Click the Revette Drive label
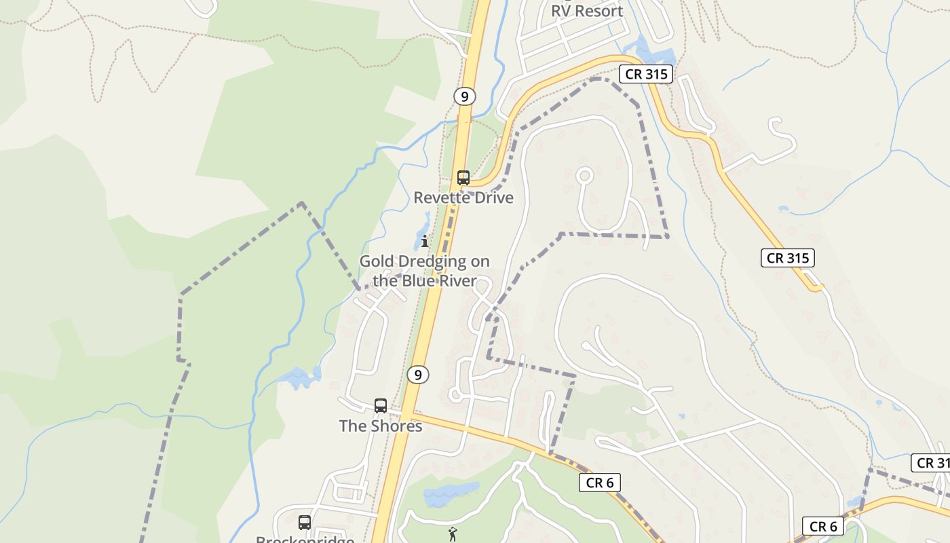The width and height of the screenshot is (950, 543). [463, 198]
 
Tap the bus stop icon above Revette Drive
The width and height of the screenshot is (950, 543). [463, 178]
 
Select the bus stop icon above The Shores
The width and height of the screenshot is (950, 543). [381, 406]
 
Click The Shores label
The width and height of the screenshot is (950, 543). [381, 426]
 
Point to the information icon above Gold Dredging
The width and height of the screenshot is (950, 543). [425, 241]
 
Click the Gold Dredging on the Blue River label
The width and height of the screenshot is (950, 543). [425, 270]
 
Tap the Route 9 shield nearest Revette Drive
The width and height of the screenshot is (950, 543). [464, 96]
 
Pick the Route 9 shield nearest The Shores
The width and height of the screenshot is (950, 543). [418, 374]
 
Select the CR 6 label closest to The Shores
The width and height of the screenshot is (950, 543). [600, 483]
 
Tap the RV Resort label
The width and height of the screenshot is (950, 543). [586, 11]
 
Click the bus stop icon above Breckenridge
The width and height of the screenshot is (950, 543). [305, 523]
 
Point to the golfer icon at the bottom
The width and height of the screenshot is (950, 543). [453, 534]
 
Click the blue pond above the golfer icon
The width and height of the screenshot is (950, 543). [450, 493]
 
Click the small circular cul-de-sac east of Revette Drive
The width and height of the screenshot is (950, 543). [584, 176]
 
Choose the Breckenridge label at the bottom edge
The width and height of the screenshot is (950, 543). [305, 539]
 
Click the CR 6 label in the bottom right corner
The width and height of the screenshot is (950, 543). [823, 526]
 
